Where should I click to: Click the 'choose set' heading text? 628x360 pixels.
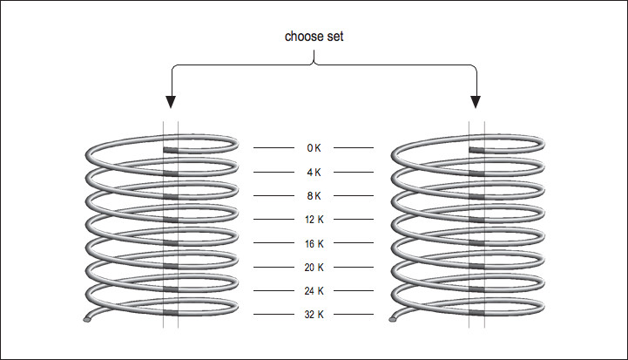(x=314, y=37)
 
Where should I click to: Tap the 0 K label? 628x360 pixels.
(x=314, y=148)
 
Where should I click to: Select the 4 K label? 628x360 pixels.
(x=314, y=172)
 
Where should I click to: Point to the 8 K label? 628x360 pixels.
(x=314, y=195)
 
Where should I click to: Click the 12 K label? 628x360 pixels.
(x=314, y=219)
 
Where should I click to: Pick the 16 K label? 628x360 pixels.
(x=314, y=243)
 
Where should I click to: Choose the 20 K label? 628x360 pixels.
(x=314, y=267)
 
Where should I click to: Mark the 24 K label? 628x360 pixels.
(x=314, y=290)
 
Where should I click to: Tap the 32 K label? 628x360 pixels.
(x=314, y=314)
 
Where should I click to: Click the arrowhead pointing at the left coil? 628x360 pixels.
(x=170, y=101)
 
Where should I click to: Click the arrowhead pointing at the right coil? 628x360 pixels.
(x=476, y=101)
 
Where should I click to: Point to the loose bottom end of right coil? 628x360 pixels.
(x=395, y=319)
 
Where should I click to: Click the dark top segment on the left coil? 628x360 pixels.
(x=171, y=149)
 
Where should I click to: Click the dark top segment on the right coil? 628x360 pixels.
(x=477, y=149)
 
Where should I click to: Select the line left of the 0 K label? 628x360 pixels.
(x=273, y=148)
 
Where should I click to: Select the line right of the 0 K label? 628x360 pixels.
(x=354, y=148)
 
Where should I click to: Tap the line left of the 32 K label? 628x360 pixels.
(x=273, y=314)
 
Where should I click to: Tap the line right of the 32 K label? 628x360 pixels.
(x=354, y=314)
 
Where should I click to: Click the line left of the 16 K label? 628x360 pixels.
(x=273, y=243)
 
